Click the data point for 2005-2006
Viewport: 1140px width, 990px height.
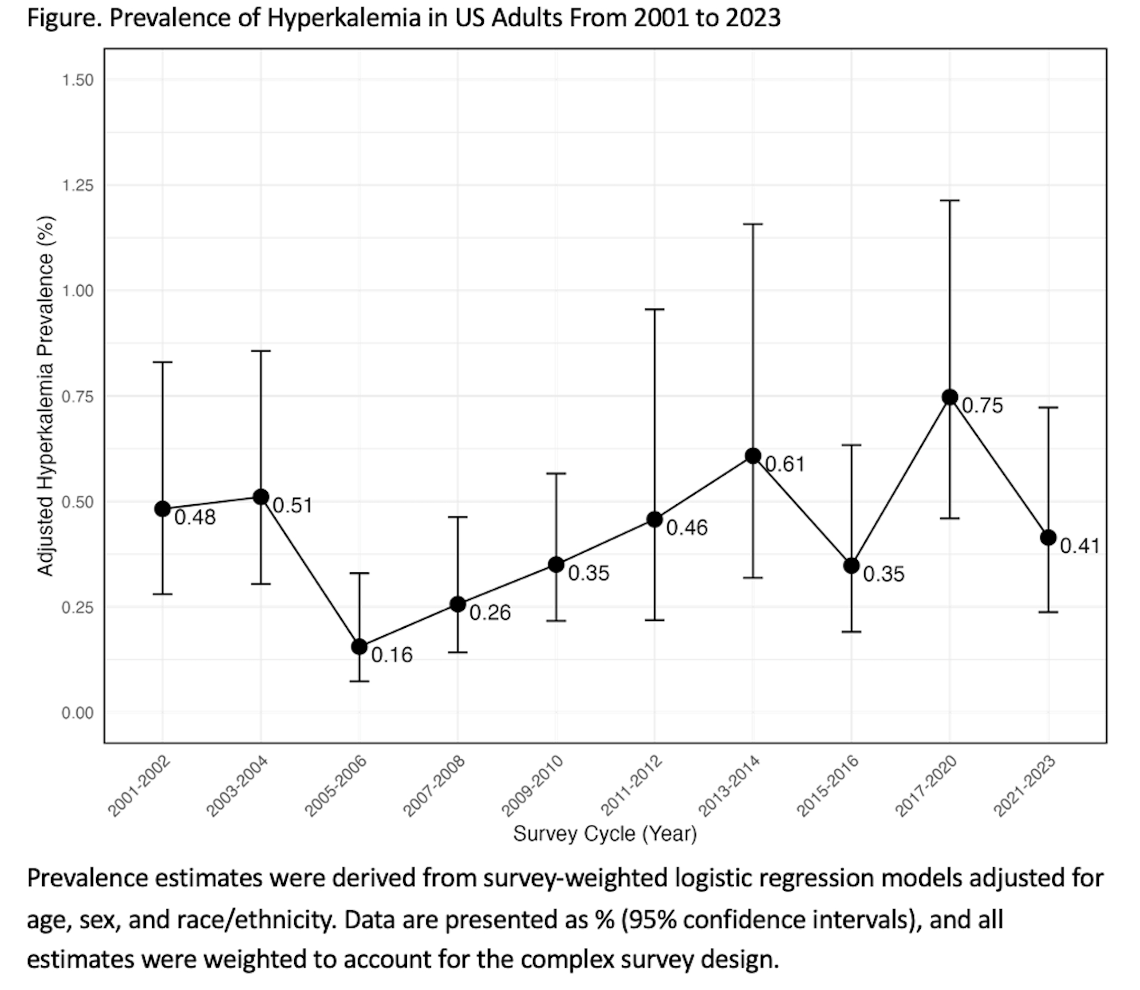(x=359, y=646)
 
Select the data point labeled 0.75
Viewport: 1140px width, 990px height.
(x=949, y=397)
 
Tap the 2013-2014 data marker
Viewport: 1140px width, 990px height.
(x=753, y=456)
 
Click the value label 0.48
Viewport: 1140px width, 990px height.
(x=195, y=517)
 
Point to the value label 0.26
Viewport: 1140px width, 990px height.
(x=490, y=612)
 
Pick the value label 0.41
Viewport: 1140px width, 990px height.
(x=1080, y=546)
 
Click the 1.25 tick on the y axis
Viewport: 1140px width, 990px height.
(x=77, y=186)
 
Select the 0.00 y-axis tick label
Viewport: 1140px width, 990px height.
(x=77, y=713)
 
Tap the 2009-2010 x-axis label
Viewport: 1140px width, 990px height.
(x=532, y=786)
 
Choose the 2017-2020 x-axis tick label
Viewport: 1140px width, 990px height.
(x=926, y=786)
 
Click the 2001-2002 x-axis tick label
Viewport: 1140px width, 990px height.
(x=139, y=786)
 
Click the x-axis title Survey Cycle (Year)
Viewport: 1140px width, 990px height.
(x=604, y=834)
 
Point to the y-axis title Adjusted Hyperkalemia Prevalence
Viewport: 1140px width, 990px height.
(x=45, y=395)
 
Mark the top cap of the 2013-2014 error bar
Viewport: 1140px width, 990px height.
(x=753, y=224)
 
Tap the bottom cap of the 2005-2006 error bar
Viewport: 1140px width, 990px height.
(x=359, y=681)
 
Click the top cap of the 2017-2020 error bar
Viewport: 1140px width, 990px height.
(x=949, y=201)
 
